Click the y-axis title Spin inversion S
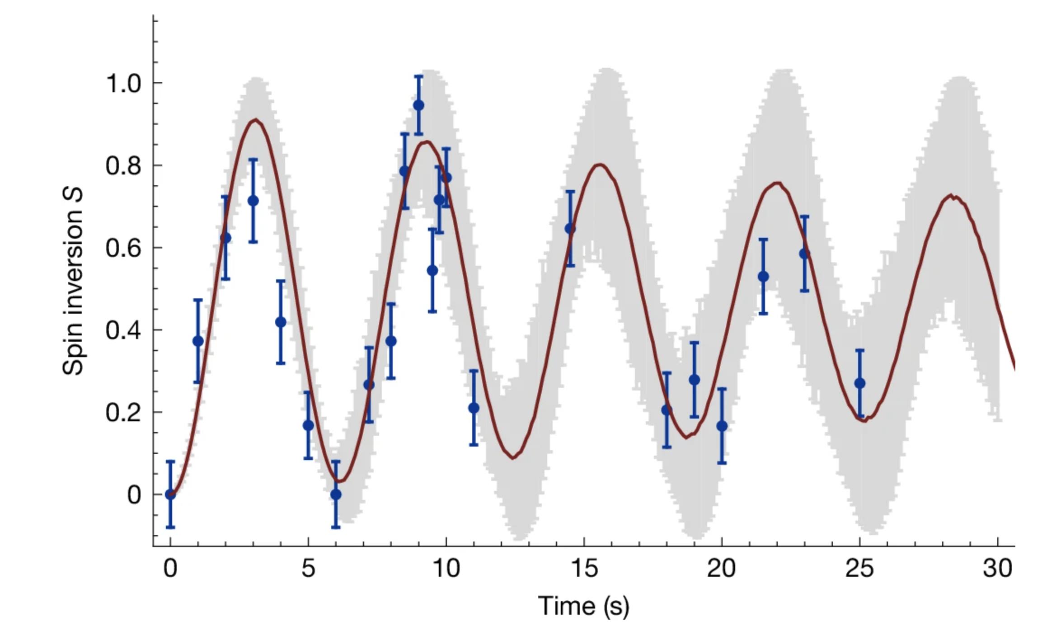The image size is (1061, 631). click(x=72, y=281)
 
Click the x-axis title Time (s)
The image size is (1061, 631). click(x=583, y=606)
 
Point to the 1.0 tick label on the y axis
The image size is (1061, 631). click(x=123, y=84)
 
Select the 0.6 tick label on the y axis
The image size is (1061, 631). click(x=123, y=248)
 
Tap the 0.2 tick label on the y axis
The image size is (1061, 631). click(x=123, y=413)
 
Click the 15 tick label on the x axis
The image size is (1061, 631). click(x=584, y=568)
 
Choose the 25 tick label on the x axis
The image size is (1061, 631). click(x=859, y=568)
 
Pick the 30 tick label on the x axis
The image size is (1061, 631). click(x=997, y=568)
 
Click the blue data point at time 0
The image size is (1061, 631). click(x=170, y=494)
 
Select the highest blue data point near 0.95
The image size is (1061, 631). click(x=419, y=105)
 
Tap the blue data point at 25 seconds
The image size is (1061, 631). click(x=860, y=383)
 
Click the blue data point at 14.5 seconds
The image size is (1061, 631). click(x=570, y=229)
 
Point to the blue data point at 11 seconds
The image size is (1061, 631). click(x=474, y=408)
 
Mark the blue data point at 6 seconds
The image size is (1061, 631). click(x=336, y=494)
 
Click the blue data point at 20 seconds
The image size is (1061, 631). click(x=722, y=426)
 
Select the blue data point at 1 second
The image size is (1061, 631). click(x=198, y=341)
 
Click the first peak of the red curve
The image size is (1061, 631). click(x=256, y=120)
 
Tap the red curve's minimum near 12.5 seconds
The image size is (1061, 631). click(x=513, y=458)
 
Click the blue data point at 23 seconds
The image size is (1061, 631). click(x=804, y=254)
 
